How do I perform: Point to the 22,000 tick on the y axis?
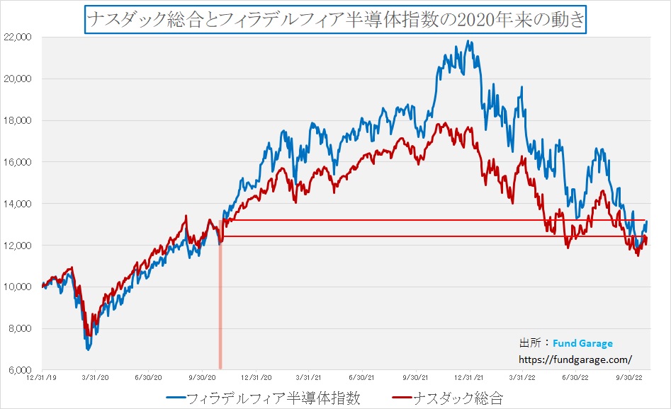pyautogui.click(x=23, y=37)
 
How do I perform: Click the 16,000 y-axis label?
pyautogui.click(x=23, y=162)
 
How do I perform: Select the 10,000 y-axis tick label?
pyautogui.click(x=23, y=287)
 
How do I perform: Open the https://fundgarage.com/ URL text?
pyautogui.click(x=575, y=359)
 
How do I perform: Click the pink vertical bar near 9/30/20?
pyautogui.click(x=220, y=304)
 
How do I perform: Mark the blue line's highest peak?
pyautogui.click(x=469, y=41)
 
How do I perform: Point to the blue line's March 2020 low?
pyautogui.click(x=88, y=349)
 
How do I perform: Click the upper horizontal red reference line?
pyautogui.click(x=425, y=220)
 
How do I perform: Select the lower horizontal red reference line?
pyautogui.click(x=425, y=236)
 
